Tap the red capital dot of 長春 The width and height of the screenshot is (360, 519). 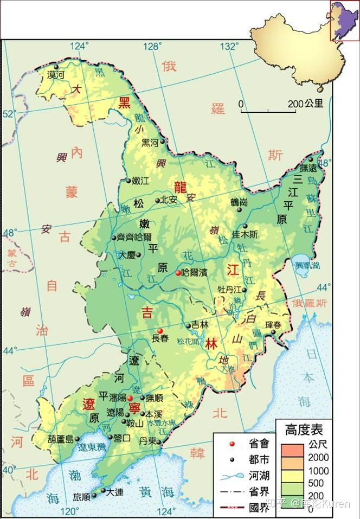point(159,331)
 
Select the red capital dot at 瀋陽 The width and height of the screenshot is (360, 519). point(130,398)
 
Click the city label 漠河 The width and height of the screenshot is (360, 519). point(56,75)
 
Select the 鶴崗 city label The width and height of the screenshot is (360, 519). point(239,202)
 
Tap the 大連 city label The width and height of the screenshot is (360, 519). point(114,492)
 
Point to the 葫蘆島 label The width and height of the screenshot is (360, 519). point(59,439)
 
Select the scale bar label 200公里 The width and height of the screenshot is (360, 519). point(306,104)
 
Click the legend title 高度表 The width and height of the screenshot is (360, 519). point(304,430)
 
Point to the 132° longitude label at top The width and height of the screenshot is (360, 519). point(232,45)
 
